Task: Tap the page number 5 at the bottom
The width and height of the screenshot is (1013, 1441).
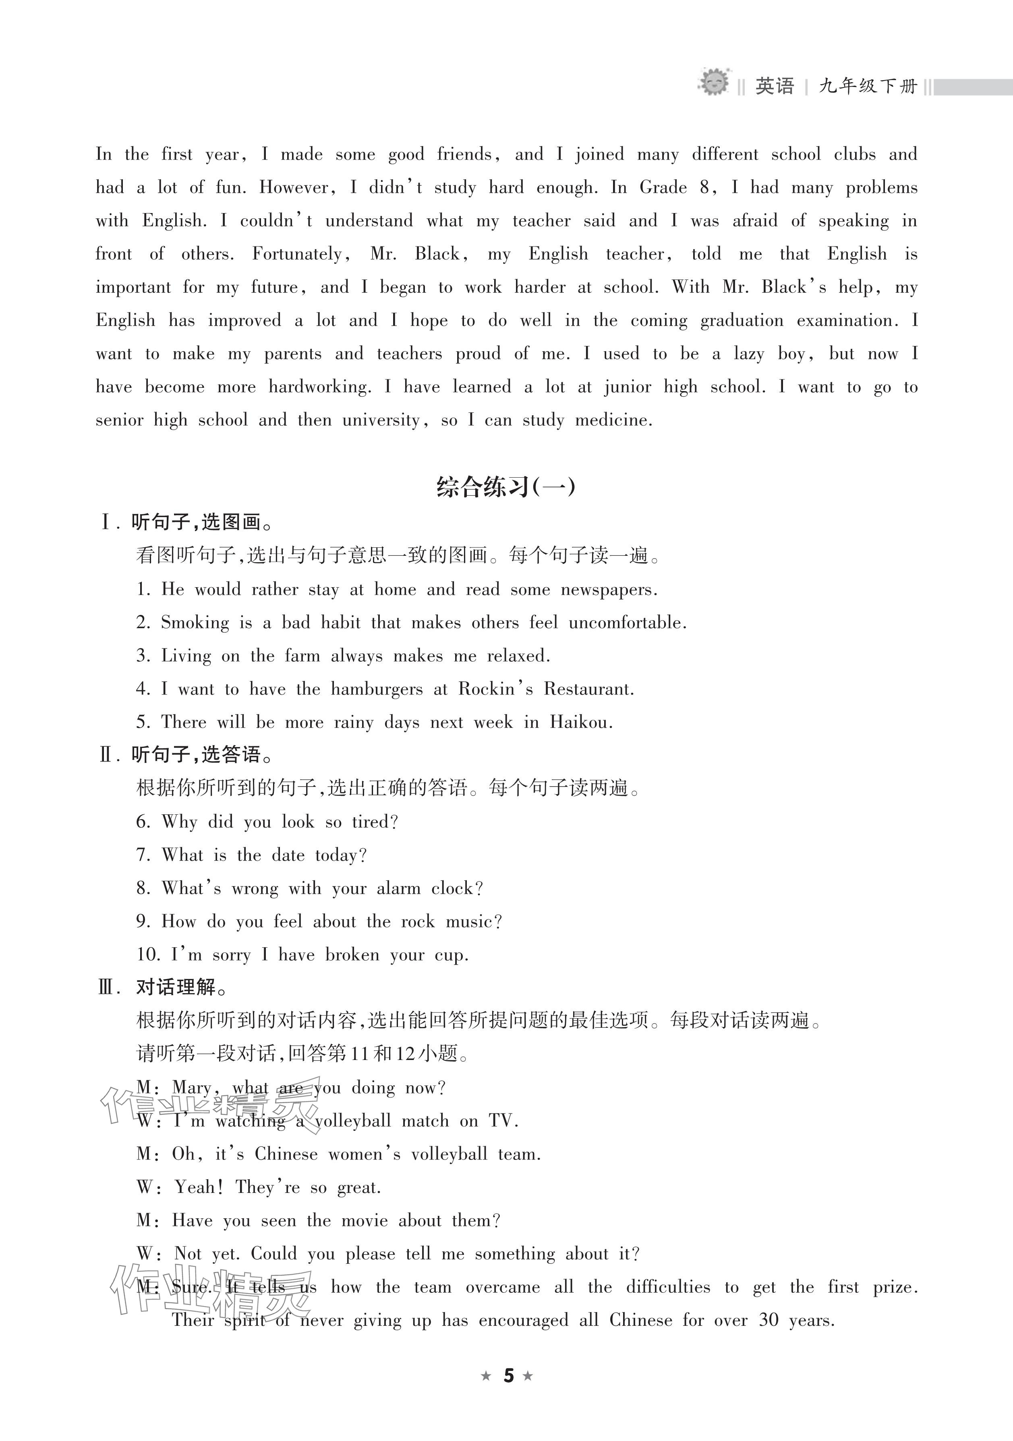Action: (508, 1376)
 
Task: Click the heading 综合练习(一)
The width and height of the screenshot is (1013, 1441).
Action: (506, 487)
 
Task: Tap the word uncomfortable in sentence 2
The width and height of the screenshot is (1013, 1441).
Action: (627, 623)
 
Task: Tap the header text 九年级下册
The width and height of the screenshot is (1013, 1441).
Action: (868, 85)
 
